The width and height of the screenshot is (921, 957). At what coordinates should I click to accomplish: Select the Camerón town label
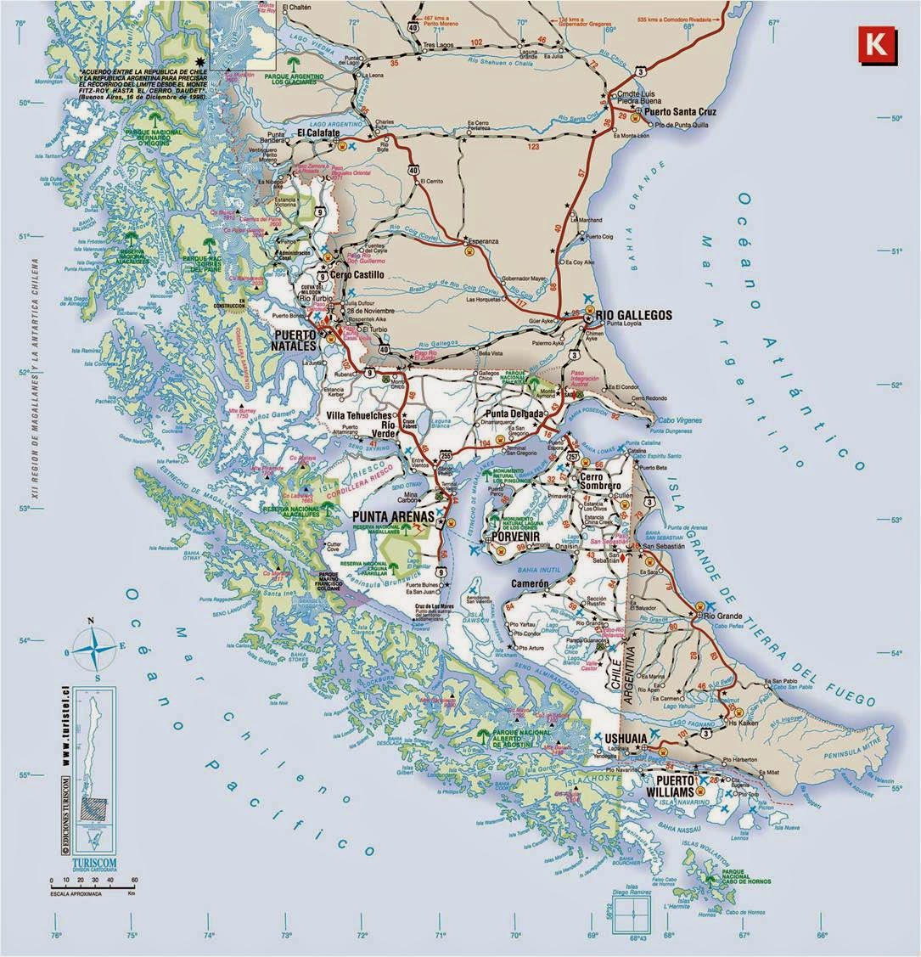click(x=531, y=585)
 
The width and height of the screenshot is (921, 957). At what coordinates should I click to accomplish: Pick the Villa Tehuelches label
click(x=359, y=415)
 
